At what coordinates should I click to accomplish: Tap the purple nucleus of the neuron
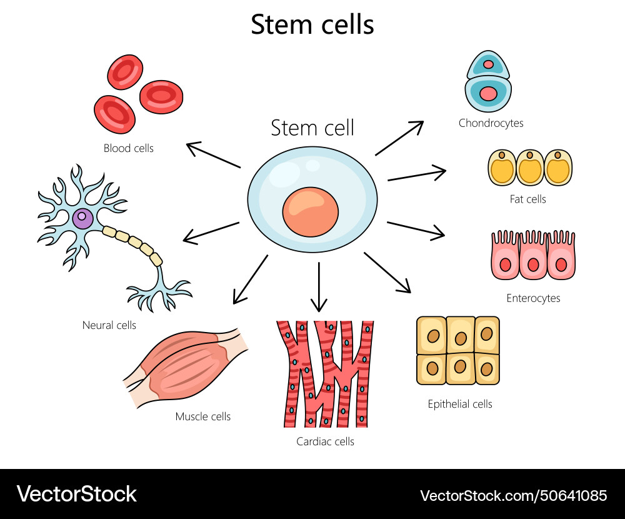tap(82, 219)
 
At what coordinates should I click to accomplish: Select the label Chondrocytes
tap(491, 123)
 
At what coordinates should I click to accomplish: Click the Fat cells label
tap(527, 199)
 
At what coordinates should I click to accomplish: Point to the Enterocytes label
tap(533, 298)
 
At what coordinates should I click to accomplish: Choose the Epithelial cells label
tap(459, 404)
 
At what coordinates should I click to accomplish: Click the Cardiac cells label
tap(325, 441)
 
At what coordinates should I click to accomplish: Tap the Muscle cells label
tap(202, 416)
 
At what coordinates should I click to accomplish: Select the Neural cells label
tap(109, 325)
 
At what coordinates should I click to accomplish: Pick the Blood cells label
tap(128, 148)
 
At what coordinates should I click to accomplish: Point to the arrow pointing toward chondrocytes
tap(399, 138)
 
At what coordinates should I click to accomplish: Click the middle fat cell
tap(529, 168)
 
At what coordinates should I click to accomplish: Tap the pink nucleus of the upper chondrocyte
tap(488, 64)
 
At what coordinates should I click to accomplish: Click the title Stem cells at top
tap(312, 25)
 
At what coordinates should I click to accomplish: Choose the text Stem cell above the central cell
tap(312, 128)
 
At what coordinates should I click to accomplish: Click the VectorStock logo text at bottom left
tap(76, 494)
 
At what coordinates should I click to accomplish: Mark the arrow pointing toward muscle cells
tap(250, 279)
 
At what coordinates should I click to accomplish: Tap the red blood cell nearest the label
tap(115, 114)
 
